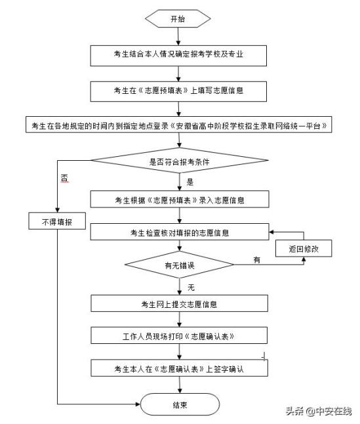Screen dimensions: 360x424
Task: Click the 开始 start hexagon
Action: [x=178, y=18]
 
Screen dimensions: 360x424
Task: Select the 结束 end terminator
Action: [x=180, y=404]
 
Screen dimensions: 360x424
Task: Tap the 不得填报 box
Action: [x=57, y=221]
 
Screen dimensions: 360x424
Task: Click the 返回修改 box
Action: [x=304, y=248]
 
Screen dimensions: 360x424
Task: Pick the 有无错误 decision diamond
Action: [x=180, y=265]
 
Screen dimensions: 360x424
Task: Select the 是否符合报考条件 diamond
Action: [x=180, y=160]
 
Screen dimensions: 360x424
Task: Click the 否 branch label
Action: [x=65, y=179]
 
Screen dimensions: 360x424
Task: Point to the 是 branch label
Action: [x=190, y=182]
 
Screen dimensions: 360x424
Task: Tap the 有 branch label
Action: [x=257, y=260]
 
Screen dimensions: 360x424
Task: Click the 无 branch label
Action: [x=191, y=287]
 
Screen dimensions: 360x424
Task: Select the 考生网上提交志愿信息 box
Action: [x=179, y=303]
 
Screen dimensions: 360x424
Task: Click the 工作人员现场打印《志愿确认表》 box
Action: [x=179, y=335]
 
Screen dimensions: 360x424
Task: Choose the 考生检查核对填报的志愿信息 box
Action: [x=180, y=232]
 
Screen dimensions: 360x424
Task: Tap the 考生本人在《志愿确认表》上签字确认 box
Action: [x=179, y=368]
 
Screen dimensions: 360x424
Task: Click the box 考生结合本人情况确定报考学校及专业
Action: [x=178, y=56]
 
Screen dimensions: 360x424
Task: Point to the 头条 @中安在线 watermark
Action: [x=319, y=411]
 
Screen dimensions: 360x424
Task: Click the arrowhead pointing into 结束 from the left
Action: [x=138, y=404]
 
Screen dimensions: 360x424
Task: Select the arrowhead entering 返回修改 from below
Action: [x=304, y=259]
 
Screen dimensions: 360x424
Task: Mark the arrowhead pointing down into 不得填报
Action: [x=57, y=210]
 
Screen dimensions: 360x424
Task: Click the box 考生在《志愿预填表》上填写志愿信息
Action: [x=178, y=92]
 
